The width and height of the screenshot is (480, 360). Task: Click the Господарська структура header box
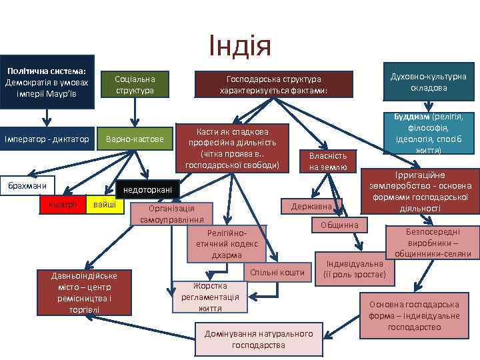pos(273,85)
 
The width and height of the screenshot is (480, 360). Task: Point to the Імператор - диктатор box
pos(47,139)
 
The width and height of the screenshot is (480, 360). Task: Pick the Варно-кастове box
pos(135,139)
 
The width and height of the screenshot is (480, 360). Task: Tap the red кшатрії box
pos(63,204)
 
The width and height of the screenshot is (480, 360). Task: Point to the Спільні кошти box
pos(277,272)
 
